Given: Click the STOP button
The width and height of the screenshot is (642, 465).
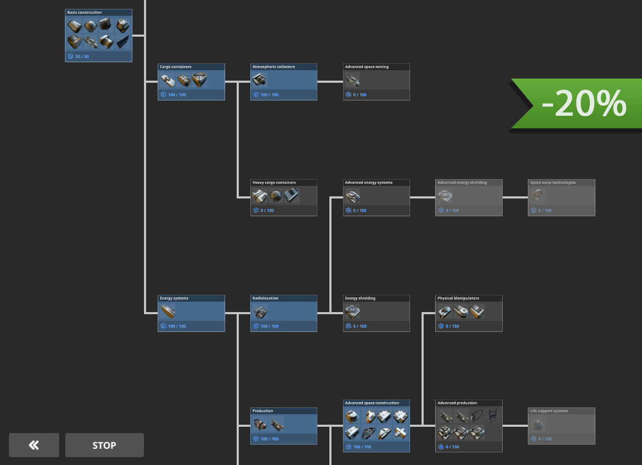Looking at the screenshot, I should tap(104, 445).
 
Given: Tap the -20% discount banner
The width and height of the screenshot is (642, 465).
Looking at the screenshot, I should tap(581, 103).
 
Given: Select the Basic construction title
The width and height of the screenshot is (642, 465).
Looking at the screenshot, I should tap(85, 13).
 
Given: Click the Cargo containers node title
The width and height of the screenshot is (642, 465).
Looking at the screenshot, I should tap(176, 67).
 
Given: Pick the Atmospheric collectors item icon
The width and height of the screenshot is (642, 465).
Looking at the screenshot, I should tap(259, 80).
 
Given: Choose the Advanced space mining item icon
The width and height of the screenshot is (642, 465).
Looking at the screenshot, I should tap(352, 80).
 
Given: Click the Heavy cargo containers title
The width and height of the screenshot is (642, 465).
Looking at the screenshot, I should tap(274, 183).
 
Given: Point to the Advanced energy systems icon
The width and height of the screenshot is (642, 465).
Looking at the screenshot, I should tap(352, 196).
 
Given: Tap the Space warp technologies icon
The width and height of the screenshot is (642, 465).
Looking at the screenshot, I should tap(537, 196).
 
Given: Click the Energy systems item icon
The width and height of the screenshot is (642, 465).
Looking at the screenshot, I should tap(168, 312).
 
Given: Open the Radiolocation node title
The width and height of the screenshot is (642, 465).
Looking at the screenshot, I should tap(265, 298).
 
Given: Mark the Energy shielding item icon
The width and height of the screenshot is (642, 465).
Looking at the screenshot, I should tap(352, 312).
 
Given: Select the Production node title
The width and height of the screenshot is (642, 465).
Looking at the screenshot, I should tap(263, 411).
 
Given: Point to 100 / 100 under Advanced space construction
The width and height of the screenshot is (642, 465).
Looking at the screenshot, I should tap(362, 447).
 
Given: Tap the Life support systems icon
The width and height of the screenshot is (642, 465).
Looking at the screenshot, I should tap(537, 424).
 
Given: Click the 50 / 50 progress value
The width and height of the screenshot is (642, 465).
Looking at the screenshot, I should tap(82, 56).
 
